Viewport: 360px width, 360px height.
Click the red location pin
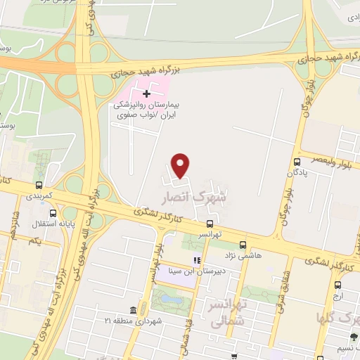(x=181, y=165)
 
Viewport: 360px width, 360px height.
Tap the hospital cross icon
(x=146, y=94)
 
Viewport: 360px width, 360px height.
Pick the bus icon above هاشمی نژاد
(x=242, y=245)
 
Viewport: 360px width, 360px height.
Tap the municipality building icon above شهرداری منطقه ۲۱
(x=133, y=310)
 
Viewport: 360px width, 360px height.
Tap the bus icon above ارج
(x=339, y=285)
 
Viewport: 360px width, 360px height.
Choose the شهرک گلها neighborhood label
(x=338, y=317)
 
